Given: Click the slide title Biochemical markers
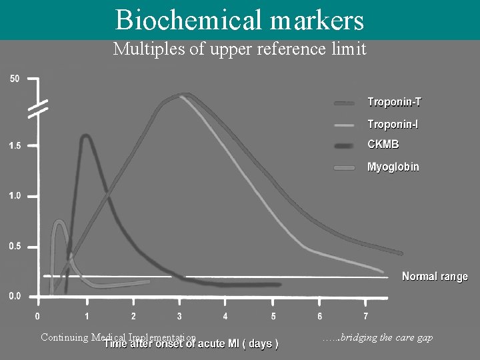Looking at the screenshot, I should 239,19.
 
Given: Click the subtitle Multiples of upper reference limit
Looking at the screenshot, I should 240,49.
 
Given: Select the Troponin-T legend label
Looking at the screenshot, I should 394,103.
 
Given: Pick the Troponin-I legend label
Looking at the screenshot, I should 393,125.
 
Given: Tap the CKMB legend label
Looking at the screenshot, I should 383,144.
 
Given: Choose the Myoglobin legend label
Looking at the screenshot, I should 393,167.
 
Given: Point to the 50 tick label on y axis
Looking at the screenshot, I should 15,79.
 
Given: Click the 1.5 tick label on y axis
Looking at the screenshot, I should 15,145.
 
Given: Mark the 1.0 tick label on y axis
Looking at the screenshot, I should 15,196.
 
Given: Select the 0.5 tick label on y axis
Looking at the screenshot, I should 15,247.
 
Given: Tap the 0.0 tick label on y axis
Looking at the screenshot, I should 15,297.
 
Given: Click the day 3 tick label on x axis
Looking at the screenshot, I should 179,316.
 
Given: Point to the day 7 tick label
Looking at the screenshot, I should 365,316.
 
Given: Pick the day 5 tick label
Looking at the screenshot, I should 273,316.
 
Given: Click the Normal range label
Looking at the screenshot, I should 435,277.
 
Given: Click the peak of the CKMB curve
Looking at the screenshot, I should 86,136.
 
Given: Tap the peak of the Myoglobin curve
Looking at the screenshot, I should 59,221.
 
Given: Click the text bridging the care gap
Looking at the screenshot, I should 377,338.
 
